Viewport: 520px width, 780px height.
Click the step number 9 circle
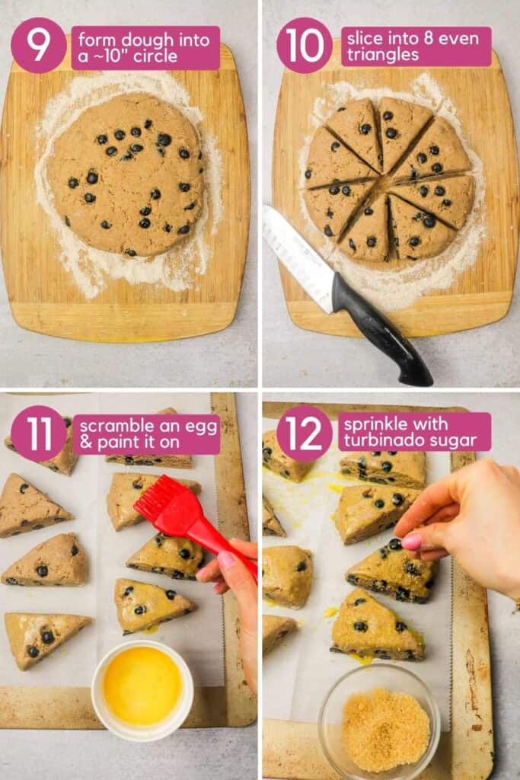point(38,46)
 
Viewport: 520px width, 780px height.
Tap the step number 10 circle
point(304,46)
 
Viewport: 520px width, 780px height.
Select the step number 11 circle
point(38,433)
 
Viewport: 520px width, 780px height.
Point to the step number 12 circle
point(304,433)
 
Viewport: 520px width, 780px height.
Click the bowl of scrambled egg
point(142,686)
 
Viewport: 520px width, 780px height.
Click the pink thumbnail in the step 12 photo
point(412,542)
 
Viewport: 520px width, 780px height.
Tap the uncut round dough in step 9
point(126,174)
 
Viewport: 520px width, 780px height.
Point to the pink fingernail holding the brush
point(227,561)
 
